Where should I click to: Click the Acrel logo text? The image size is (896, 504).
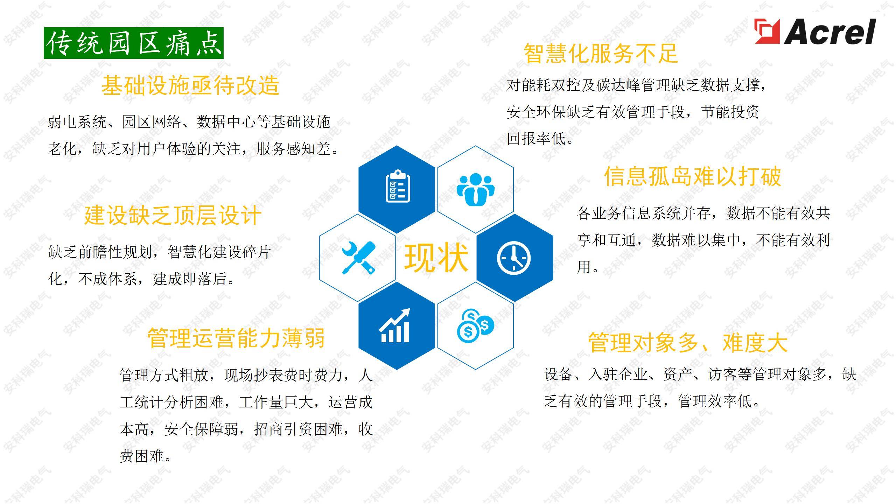(829, 32)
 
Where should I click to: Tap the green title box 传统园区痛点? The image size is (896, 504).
(133, 43)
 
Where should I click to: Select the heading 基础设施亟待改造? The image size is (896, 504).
(190, 85)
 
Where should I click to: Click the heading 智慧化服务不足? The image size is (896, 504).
(601, 54)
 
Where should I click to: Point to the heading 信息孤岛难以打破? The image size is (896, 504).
(693, 176)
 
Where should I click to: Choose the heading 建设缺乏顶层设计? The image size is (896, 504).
(173, 215)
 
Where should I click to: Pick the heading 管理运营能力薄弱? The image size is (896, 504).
(236, 338)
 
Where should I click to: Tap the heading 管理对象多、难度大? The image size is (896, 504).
(688, 343)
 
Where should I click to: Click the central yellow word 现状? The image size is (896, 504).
(436, 258)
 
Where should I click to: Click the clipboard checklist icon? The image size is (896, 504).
(398, 186)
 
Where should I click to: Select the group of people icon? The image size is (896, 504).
(475, 189)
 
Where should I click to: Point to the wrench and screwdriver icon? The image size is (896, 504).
(358, 258)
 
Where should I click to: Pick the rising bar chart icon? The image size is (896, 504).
(395, 325)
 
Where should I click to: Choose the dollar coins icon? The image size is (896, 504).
(475, 325)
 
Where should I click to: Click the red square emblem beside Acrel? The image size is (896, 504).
(767, 31)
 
